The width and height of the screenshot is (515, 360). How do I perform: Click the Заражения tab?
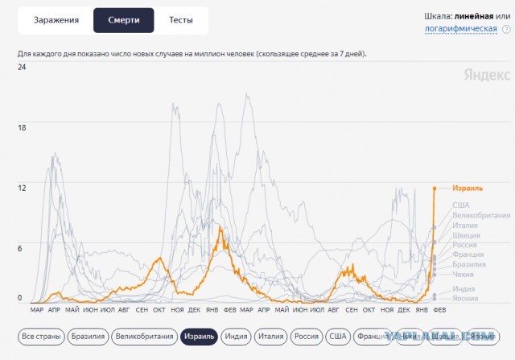(56, 20)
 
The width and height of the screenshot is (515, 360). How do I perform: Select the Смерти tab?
(123, 20)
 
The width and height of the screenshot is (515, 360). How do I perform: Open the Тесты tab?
(180, 20)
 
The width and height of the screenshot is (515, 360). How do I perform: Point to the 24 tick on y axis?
(23, 67)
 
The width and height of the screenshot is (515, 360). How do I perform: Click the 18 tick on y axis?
(23, 127)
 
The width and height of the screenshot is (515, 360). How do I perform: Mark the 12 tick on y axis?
(23, 188)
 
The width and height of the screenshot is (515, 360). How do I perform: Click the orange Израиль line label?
(468, 188)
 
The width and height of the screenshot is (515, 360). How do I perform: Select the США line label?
(460, 205)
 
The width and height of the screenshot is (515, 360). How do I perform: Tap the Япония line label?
(464, 297)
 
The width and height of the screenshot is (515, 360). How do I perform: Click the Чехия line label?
(463, 274)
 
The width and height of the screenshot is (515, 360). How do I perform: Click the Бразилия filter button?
(87, 337)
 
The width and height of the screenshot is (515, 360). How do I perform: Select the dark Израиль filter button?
(199, 337)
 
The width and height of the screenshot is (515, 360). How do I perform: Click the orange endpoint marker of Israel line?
(435, 188)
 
